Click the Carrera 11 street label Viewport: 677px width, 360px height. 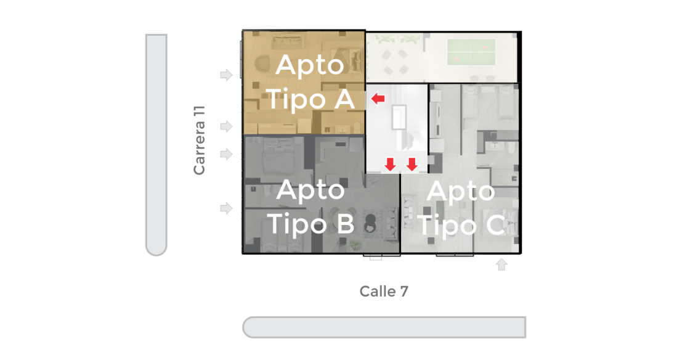199,141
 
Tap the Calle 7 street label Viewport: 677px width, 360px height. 384,292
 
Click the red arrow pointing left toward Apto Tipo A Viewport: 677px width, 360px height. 378,99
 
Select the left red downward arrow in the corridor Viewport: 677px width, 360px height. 391,164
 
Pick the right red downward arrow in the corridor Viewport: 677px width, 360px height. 412,164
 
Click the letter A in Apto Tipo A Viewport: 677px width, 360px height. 344,99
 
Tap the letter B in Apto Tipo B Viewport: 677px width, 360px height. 346,224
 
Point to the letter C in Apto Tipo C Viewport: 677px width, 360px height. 496,226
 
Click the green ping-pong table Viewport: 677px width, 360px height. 471,52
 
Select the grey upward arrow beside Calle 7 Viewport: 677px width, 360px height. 501,264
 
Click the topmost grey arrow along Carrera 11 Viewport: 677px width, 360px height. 226,75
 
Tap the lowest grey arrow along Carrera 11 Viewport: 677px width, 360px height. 226,208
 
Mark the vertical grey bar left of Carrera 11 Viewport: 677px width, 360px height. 156,145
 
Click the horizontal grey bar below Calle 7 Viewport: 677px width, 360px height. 384,327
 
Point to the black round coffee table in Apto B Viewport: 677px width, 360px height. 370,224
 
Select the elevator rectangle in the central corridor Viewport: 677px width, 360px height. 399,117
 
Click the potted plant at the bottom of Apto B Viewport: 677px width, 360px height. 355,245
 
